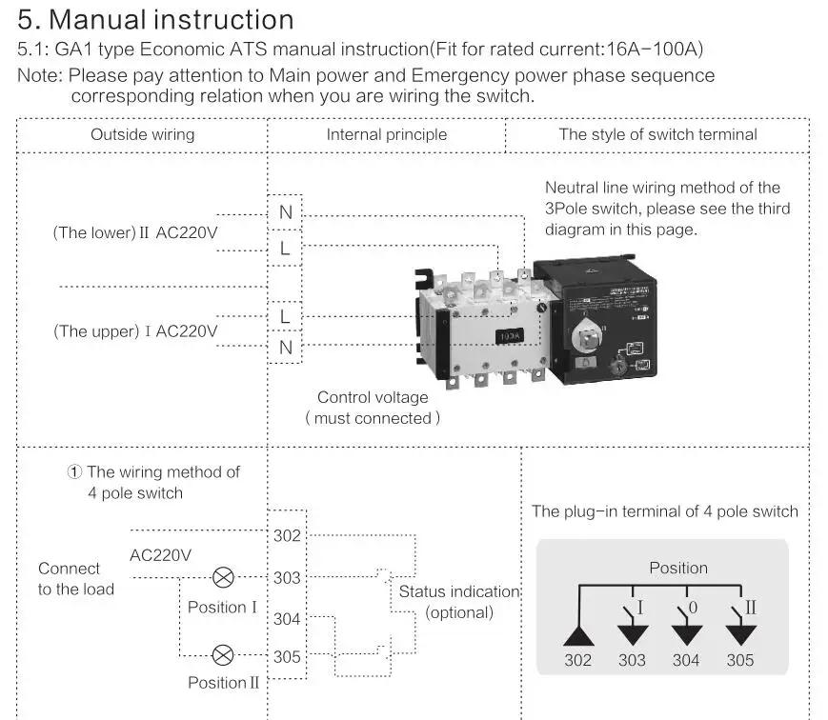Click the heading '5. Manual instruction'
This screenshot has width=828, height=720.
pyautogui.click(x=156, y=19)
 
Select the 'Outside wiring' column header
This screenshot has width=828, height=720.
pyautogui.click(x=142, y=134)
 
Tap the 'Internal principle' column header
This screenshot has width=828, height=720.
pyautogui.click(x=386, y=134)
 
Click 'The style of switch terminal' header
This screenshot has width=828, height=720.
pyautogui.click(x=657, y=134)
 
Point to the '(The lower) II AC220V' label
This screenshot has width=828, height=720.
pyautogui.click(x=134, y=232)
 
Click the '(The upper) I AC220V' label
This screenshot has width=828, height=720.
pyautogui.click(x=134, y=331)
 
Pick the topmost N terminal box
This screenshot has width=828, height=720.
pyautogui.click(x=286, y=212)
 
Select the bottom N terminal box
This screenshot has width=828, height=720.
pyautogui.click(x=286, y=348)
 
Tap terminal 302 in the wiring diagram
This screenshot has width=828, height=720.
pyautogui.click(x=287, y=535)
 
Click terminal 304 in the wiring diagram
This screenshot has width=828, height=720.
pyautogui.click(x=287, y=619)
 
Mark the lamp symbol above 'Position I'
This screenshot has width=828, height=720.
pyautogui.click(x=223, y=577)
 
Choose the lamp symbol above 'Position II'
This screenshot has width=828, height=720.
pyautogui.click(x=223, y=654)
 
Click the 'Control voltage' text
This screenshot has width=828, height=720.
pyautogui.click(x=373, y=397)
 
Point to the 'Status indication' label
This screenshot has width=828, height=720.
pyautogui.click(x=459, y=591)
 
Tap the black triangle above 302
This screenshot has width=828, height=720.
pyautogui.click(x=577, y=634)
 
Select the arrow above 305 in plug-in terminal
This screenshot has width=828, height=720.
pyautogui.click(x=739, y=634)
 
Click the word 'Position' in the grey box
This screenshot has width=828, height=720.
pyautogui.click(x=678, y=568)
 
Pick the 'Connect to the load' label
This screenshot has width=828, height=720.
pyautogui.click(x=75, y=579)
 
